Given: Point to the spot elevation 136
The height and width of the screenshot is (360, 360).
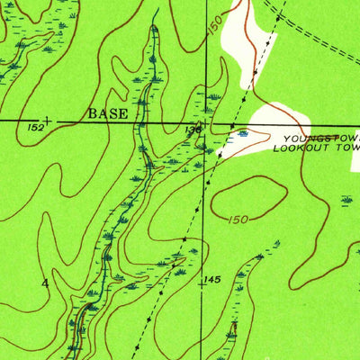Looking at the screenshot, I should [x=193, y=130].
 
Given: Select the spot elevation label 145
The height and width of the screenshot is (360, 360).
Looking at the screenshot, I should [x=211, y=280].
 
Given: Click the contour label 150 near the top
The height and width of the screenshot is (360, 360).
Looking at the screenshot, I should [x=213, y=27].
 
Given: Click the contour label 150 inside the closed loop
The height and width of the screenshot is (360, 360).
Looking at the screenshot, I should [x=238, y=219].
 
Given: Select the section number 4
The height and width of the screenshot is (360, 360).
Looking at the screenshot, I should [x=44, y=283].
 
